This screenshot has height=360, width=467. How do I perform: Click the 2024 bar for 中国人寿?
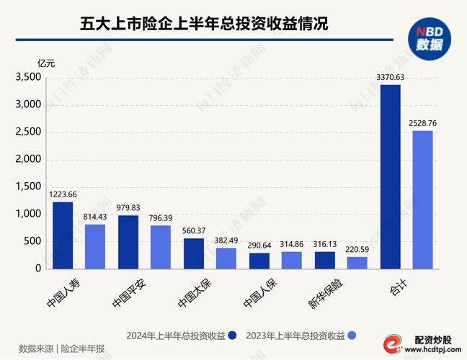63,235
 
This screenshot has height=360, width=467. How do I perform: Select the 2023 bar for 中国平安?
161,247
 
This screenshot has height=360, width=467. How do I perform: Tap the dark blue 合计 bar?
391,176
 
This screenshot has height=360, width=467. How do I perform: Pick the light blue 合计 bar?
423,199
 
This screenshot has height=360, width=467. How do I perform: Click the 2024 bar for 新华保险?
325,260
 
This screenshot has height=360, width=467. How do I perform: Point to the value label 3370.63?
390,77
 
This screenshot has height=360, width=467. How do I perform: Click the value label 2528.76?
422,123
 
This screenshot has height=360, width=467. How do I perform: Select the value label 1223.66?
63,194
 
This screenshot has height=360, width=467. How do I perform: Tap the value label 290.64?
259,245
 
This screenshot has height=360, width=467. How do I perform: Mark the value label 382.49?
226,240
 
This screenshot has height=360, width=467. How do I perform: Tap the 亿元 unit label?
46,63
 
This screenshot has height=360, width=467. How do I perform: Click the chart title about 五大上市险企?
204,24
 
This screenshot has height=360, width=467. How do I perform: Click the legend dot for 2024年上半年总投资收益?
233,336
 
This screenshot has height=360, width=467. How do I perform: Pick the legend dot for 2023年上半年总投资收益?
352,336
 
